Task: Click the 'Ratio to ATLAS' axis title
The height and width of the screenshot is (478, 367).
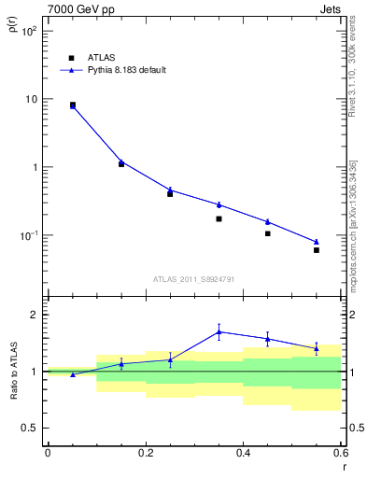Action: tap(13, 372)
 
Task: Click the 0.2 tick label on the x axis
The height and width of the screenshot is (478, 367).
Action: tap(145, 453)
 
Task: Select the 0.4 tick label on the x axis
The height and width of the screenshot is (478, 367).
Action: tap(243, 453)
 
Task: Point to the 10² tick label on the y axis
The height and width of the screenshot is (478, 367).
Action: tap(29, 31)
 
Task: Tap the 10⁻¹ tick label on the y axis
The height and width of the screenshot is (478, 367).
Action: tap(28, 235)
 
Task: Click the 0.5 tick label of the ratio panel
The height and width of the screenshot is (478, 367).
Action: tap(30, 429)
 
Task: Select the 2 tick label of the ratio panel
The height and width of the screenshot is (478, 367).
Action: tap(35, 315)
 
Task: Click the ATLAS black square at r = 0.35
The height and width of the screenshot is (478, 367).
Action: tap(219, 218)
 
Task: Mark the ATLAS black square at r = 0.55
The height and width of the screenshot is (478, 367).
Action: tap(317, 250)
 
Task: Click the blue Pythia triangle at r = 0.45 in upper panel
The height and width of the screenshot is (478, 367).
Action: tap(268, 221)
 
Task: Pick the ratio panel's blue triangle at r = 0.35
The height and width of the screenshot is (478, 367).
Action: tap(219, 331)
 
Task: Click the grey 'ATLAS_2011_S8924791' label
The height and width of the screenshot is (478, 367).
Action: tap(194, 278)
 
